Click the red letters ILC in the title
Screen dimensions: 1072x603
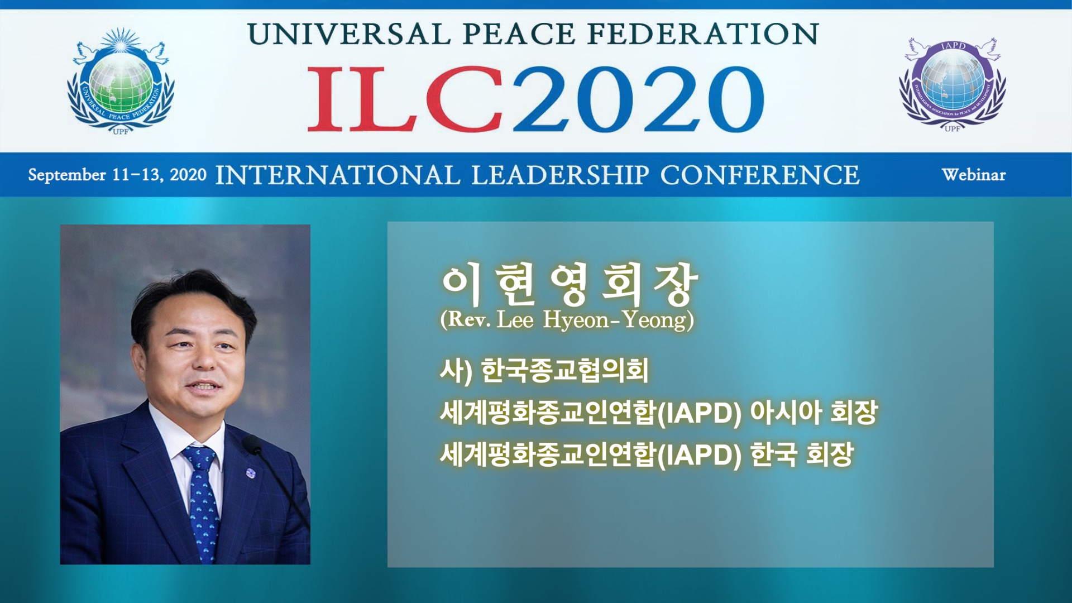click(405, 99)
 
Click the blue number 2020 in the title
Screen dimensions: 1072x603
click(638, 99)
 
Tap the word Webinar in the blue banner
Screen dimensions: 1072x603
click(974, 175)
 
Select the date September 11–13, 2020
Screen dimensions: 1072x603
click(117, 175)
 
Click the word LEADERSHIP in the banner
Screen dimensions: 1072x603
click(560, 175)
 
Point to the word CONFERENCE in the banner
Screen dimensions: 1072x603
click(760, 175)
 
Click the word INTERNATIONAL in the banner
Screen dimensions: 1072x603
click(338, 175)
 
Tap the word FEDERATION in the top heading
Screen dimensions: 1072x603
click(703, 34)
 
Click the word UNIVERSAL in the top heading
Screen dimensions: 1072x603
click(349, 34)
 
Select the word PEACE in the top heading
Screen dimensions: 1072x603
click(519, 34)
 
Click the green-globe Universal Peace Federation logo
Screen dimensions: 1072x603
click(121, 82)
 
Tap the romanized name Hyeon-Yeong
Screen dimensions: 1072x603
click(616, 320)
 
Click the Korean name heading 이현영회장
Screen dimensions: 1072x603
click(569, 284)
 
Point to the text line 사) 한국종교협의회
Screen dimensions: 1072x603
click(544, 371)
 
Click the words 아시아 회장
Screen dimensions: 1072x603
click(813, 412)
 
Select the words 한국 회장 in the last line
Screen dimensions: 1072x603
click(802, 454)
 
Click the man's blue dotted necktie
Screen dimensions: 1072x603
click(202, 502)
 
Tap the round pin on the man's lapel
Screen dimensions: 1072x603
click(251, 473)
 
